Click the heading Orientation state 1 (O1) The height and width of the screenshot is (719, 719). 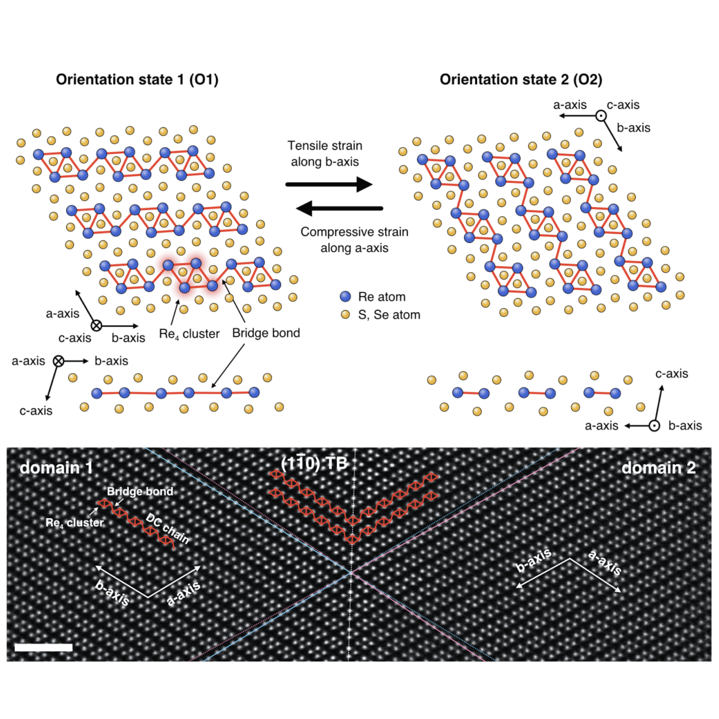point(137,80)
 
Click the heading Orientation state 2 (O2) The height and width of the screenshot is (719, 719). point(521,80)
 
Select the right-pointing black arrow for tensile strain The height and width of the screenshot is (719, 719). point(329,184)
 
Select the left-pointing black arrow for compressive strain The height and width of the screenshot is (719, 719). point(339,208)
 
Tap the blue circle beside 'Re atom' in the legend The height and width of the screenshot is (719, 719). point(346,296)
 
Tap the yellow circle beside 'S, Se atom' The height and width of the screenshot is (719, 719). point(346,314)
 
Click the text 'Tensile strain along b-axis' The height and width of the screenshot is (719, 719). point(325,154)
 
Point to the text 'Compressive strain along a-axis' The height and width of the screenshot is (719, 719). point(354,240)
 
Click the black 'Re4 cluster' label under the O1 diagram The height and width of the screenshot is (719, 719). point(189,334)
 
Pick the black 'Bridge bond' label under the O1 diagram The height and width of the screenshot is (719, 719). point(266,333)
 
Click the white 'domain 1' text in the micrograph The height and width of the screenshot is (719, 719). point(56,467)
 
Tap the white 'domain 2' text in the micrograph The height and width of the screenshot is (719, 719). point(658,467)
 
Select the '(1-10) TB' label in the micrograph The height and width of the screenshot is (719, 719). point(314,464)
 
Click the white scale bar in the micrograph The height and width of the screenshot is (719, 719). point(44,647)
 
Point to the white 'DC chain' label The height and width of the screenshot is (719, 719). point(167,528)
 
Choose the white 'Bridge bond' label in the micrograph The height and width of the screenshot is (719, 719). point(140,491)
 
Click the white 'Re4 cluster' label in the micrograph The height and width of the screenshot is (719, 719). point(74,523)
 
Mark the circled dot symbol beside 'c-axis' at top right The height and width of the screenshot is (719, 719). point(601,116)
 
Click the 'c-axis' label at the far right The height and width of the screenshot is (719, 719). point(671,374)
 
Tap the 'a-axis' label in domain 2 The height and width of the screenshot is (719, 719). point(605,563)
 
